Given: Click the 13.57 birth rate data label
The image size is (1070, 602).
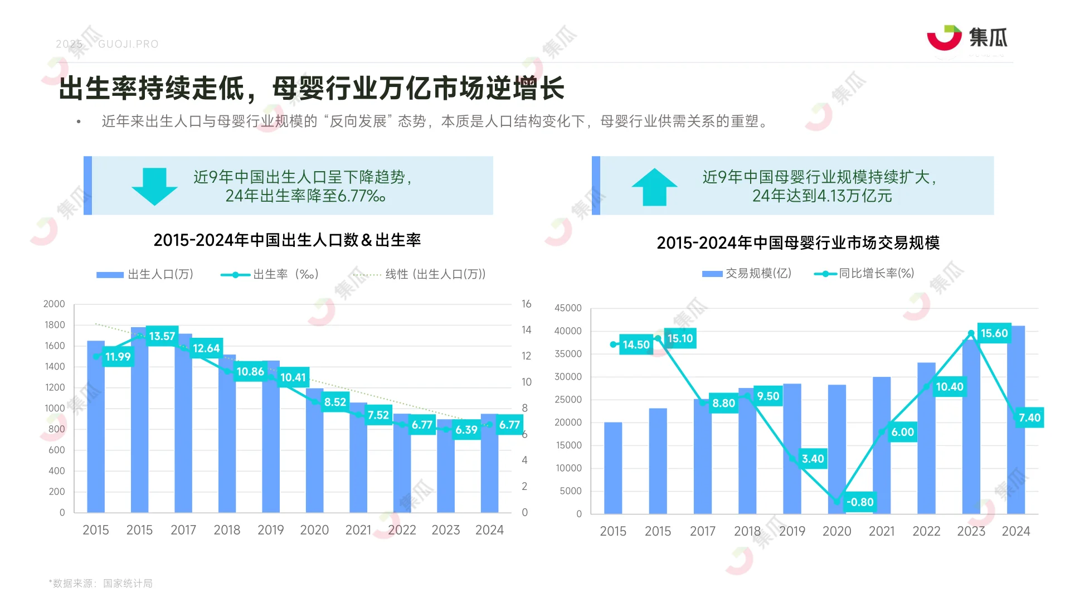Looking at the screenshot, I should click(x=162, y=336).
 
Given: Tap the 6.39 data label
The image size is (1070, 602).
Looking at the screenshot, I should click(x=466, y=430).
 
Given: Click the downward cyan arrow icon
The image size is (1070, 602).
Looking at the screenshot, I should click(x=154, y=186).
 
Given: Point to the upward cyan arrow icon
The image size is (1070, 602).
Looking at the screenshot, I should click(x=654, y=187).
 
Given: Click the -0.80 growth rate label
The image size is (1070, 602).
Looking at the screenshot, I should click(x=859, y=502).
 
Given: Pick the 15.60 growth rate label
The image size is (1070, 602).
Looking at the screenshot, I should click(x=994, y=333).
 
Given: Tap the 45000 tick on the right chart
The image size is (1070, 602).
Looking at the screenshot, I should click(x=567, y=308).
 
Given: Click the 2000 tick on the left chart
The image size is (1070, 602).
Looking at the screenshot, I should click(x=54, y=304).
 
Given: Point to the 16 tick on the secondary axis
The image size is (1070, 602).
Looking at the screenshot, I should click(x=526, y=304).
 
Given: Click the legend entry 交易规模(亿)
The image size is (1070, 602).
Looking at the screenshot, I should click(x=747, y=273).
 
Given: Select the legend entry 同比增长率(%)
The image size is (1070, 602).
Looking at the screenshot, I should click(x=865, y=273).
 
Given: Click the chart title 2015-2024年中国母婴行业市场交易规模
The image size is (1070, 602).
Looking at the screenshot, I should click(x=797, y=243).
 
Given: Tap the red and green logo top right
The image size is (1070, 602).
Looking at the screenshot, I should click(x=944, y=38).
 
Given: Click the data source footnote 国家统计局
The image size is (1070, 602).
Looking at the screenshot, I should click(x=128, y=583).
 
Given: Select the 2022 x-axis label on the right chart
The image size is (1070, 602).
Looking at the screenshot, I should click(x=926, y=531).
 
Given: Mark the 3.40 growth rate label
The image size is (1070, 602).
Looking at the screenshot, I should click(x=813, y=459).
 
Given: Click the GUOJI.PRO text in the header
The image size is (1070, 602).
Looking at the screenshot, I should click(x=128, y=44).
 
